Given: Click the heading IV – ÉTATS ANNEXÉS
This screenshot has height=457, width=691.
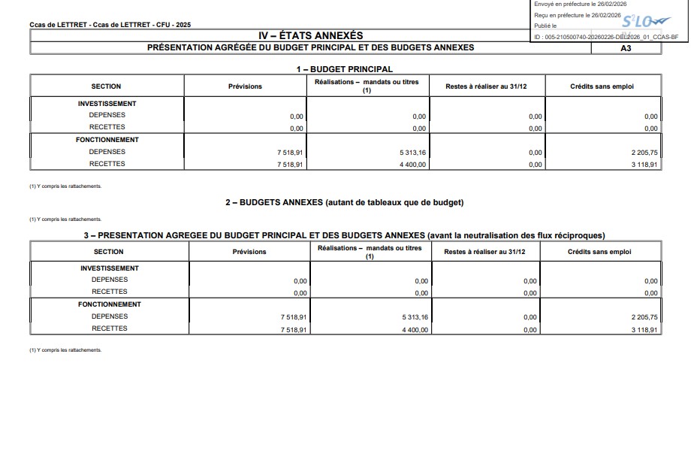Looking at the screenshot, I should [x=310, y=35].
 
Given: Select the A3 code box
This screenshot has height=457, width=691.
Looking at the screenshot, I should [x=626, y=47].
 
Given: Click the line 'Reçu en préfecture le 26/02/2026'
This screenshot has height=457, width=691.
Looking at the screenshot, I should [x=577, y=15].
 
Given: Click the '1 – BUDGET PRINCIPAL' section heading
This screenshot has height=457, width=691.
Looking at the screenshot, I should [x=344, y=69].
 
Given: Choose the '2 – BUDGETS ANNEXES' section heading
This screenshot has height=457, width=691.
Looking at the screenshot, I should [x=344, y=203].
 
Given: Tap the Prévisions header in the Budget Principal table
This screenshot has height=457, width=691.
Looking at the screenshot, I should [x=245, y=86].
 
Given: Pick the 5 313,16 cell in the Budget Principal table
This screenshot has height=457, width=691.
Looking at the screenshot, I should [x=412, y=152].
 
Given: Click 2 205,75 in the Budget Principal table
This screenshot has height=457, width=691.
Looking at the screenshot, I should [x=644, y=152].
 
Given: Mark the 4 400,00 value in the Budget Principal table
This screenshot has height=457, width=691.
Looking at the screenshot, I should [x=412, y=164].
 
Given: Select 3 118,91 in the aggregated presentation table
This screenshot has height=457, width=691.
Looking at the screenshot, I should [x=644, y=330].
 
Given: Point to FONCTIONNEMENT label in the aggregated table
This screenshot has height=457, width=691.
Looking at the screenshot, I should [x=110, y=304].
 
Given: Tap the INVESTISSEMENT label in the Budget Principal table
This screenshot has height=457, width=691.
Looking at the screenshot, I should [x=107, y=104].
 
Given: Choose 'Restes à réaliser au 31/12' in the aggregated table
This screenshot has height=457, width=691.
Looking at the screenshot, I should [x=484, y=252].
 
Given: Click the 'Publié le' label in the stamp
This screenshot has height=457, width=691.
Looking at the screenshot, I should [x=545, y=26].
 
